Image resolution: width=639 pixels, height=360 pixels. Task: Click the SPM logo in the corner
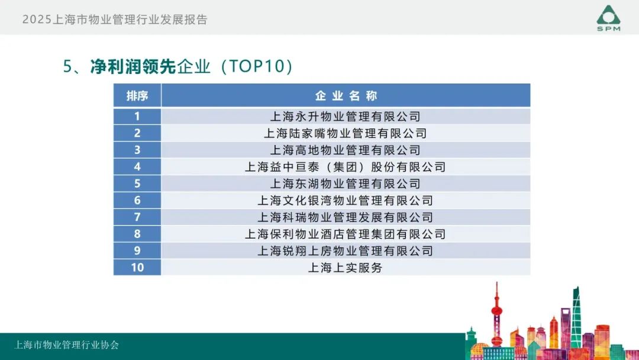tap(608, 18)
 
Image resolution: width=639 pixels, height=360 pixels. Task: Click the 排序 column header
tap(137, 96)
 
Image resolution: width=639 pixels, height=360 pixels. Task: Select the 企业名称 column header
tap(346, 96)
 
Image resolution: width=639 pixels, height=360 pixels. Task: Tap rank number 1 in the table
tap(137, 116)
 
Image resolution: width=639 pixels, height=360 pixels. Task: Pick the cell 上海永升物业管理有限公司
tap(345, 117)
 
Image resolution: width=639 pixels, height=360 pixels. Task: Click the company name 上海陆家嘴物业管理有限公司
tap(345, 133)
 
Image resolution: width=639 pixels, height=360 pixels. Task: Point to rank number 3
tap(137, 150)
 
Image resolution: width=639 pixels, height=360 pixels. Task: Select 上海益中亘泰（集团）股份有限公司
tap(345, 167)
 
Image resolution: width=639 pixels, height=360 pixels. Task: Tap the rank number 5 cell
tap(137, 184)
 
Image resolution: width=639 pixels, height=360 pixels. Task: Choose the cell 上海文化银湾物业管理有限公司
tap(345, 200)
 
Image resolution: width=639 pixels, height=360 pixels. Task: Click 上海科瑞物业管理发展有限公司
tap(345, 217)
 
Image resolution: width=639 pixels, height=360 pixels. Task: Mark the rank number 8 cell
tap(137, 234)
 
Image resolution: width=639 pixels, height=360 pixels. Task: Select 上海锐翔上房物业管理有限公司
tap(345, 250)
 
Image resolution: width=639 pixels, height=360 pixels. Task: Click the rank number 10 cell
tap(137, 268)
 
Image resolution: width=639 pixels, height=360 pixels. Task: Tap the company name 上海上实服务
tap(345, 268)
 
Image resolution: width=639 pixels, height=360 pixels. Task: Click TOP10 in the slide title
tap(257, 66)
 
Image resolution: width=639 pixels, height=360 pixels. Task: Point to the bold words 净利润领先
tap(133, 66)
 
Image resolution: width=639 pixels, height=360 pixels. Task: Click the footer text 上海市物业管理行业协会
tap(66, 345)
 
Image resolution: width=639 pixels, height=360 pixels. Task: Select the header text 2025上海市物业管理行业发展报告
tap(115, 19)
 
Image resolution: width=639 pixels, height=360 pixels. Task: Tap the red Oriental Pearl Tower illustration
tap(496, 314)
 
